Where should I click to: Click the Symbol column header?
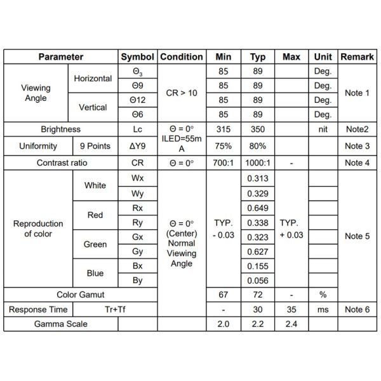point(138,57)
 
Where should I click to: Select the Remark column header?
point(357,57)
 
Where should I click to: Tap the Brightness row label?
point(61,129)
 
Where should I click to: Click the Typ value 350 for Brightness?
point(258,129)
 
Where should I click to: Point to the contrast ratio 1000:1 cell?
point(258,163)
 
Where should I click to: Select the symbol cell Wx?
point(138,178)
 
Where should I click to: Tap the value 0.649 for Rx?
point(258,208)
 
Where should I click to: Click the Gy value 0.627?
point(258,251)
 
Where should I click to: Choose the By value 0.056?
point(258,280)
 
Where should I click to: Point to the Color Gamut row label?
point(81,295)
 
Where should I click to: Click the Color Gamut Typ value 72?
point(258,295)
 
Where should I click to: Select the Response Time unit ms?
point(323,309)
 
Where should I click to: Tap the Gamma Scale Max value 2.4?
point(291,324)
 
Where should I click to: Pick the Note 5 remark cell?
point(357,236)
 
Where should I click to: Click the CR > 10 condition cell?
point(182,93)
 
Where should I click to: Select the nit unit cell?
point(323,129)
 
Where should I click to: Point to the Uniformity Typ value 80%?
point(258,146)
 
